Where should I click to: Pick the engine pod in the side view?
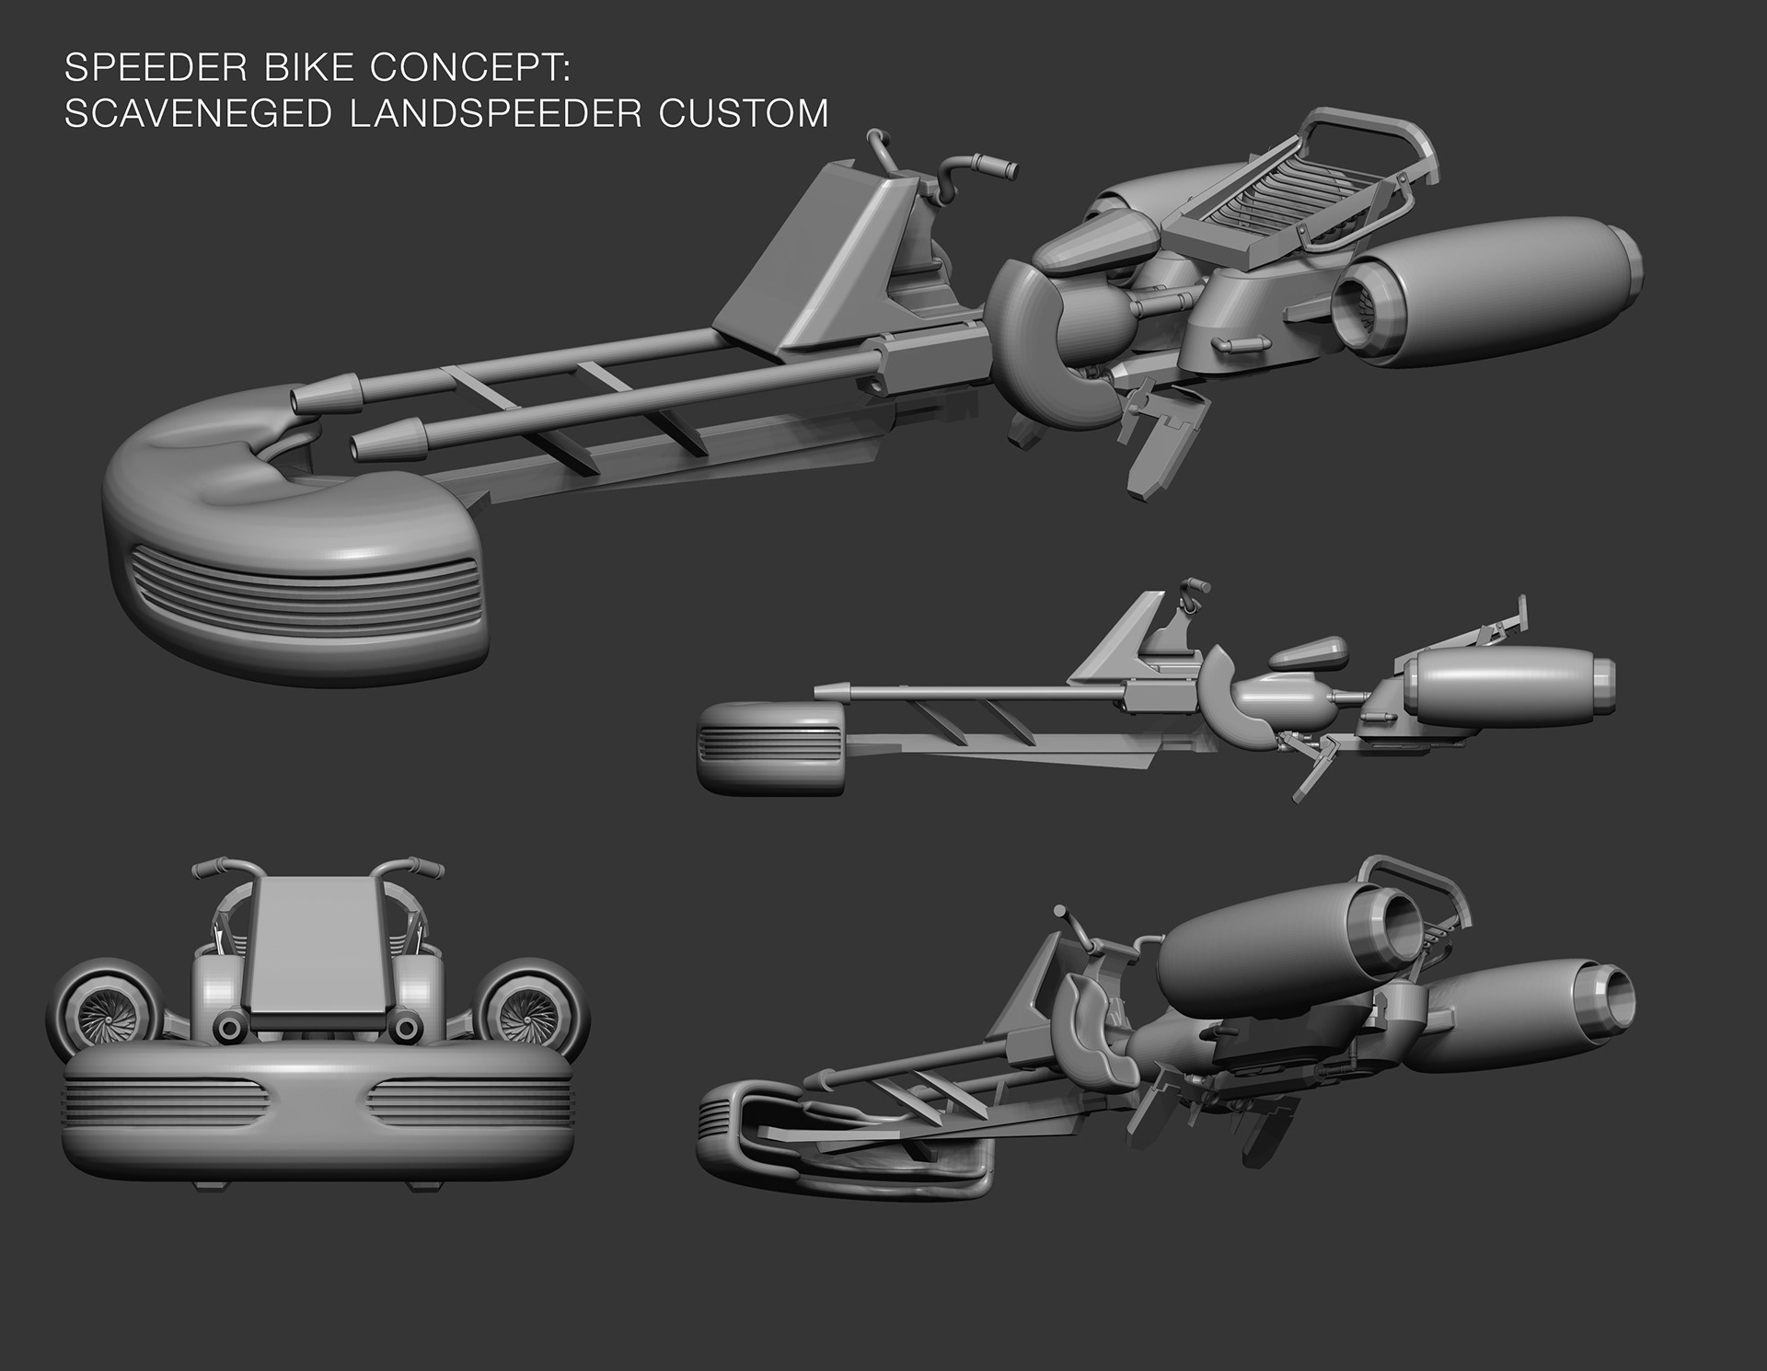[x=1509, y=685]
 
